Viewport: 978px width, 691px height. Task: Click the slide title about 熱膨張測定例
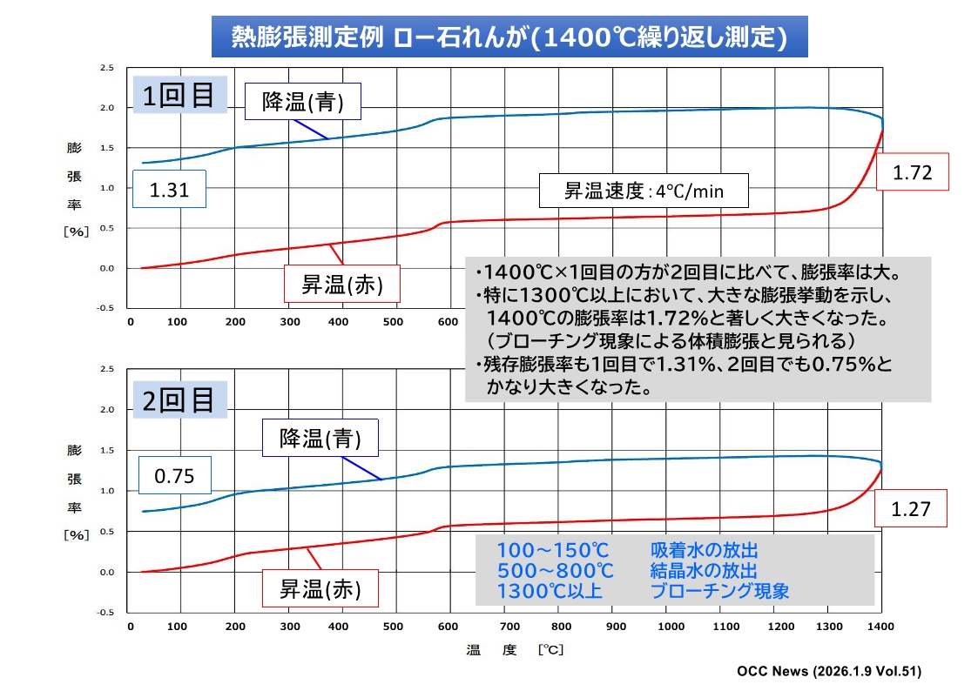click(x=509, y=37)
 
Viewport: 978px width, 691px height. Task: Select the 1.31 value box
click(x=169, y=189)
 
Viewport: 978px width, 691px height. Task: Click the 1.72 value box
click(x=912, y=172)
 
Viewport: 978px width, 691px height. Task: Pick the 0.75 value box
click(x=174, y=475)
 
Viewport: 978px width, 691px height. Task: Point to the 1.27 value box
click(x=911, y=510)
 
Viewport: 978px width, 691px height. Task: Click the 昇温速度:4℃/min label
click(x=644, y=191)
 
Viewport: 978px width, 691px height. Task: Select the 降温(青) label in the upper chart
click(x=303, y=103)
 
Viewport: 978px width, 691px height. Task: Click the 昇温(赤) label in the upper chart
click(x=342, y=285)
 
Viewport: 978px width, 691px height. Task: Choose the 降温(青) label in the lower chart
click(x=320, y=438)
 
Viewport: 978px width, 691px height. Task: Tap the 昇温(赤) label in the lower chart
click(x=319, y=588)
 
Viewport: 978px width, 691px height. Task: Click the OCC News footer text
click(x=828, y=671)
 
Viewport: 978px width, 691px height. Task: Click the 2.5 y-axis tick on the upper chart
click(x=107, y=67)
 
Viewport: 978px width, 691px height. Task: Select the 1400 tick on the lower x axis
click(x=881, y=626)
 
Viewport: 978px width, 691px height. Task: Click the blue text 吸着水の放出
click(x=704, y=551)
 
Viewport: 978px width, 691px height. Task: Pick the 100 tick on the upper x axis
click(x=178, y=323)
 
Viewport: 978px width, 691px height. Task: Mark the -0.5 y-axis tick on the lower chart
click(x=105, y=613)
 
